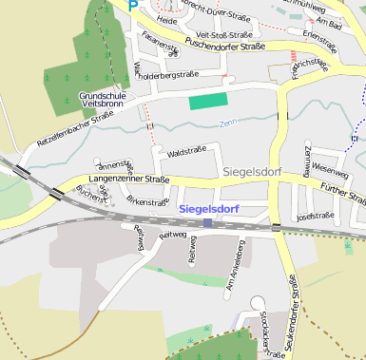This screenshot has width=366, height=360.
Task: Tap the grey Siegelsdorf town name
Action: click(x=258, y=172)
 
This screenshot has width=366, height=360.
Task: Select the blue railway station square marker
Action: click(x=207, y=223)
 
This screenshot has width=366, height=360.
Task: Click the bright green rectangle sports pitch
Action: click(x=208, y=102)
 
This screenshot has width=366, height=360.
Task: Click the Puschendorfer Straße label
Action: click(x=224, y=45)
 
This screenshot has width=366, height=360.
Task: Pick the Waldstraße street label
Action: click(x=186, y=152)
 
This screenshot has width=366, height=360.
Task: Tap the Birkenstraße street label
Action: click(x=146, y=202)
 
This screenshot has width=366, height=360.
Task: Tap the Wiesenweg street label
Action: click(x=329, y=165)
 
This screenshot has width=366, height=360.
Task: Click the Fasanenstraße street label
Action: click(x=158, y=43)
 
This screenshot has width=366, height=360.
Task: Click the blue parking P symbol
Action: click(x=133, y=4)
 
